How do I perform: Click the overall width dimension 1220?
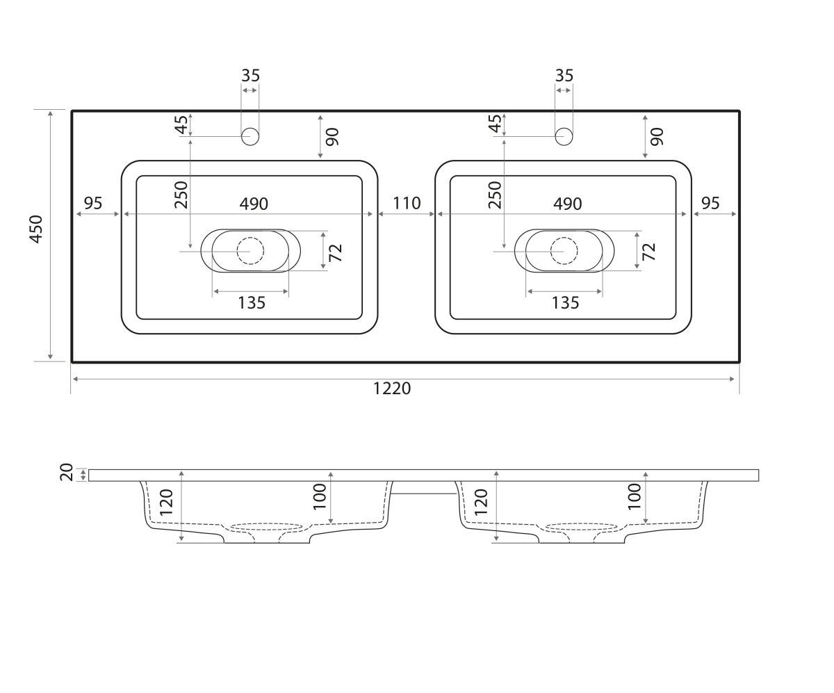(x=392, y=389)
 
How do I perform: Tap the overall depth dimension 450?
(x=36, y=229)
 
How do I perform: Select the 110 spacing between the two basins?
(x=407, y=203)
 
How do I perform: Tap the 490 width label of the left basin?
(x=254, y=204)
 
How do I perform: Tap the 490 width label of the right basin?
(x=567, y=204)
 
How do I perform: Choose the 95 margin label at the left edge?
(x=93, y=203)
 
